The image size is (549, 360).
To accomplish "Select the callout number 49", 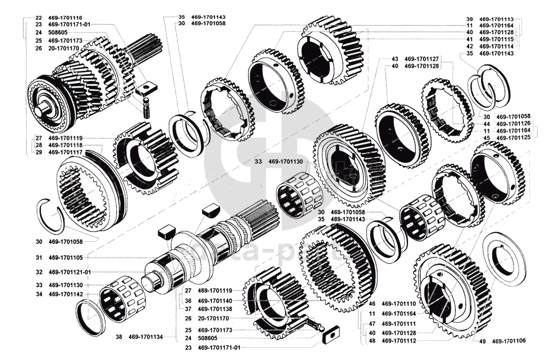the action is coord(482,341).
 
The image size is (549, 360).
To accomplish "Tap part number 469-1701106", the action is coord(510,341).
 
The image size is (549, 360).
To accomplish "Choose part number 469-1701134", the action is coord(146,336).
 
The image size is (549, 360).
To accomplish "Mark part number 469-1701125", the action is coord(512,138).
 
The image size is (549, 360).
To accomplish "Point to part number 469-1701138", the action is coord(215,309).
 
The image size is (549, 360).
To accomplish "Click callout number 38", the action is coord(119,336).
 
